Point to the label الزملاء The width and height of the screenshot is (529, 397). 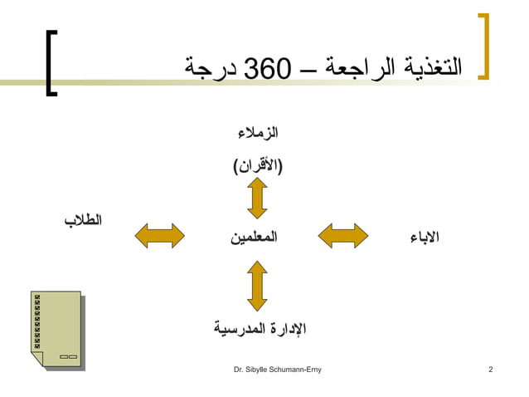point(257,134)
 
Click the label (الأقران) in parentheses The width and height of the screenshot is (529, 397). point(257,166)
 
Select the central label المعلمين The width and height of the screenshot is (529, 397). point(254,237)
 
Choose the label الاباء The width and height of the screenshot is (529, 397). point(425,238)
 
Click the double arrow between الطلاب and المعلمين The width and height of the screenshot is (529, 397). point(159,235)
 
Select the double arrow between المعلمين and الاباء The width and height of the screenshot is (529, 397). point(343,235)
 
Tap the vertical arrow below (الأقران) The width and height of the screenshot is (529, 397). point(257,199)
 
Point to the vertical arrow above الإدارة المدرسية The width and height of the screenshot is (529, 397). point(257,286)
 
